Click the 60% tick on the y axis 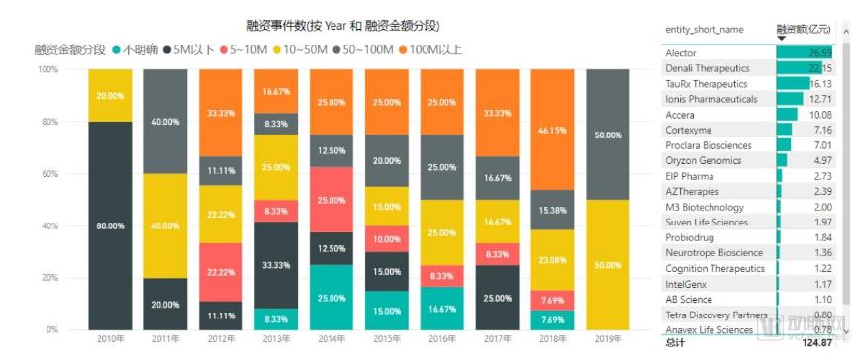point(47,174)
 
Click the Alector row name point(681,53)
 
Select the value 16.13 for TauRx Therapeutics point(820,84)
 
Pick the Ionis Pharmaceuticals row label point(711,99)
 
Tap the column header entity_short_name point(704,30)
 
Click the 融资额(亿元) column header point(804,30)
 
